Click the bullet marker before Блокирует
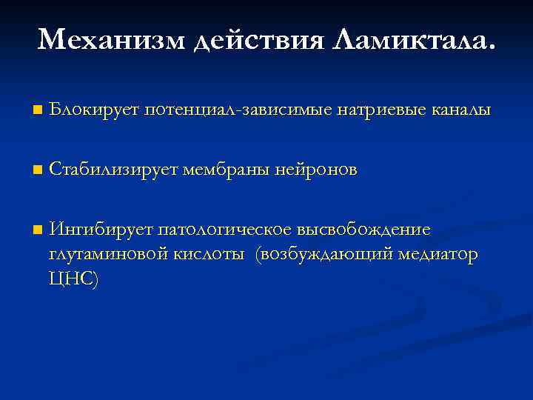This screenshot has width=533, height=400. pyautogui.click(x=38, y=110)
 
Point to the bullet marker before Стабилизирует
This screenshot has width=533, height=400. pyautogui.click(x=38, y=170)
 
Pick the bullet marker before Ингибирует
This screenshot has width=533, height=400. pyautogui.click(x=38, y=230)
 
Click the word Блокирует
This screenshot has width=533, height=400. pyautogui.click(x=95, y=110)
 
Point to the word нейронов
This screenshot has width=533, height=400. pyautogui.click(x=316, y=170)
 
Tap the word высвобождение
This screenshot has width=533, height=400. pyautogui.click(x=366, y=230)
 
